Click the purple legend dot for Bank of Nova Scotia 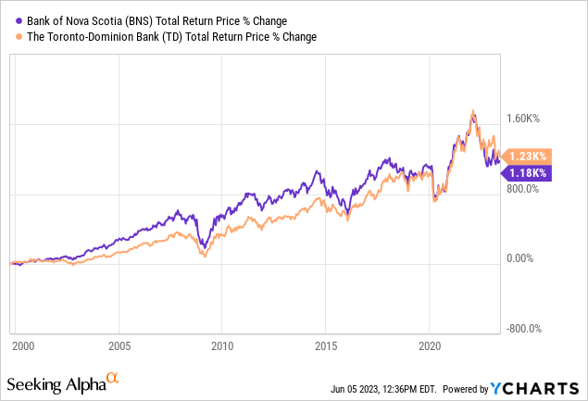[x=20, y=19]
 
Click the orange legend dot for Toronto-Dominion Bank [x=20, y=37]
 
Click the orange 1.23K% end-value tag [x=529, y=157]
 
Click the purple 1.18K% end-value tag [x=529, y=172]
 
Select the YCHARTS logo [x=544, y=387]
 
